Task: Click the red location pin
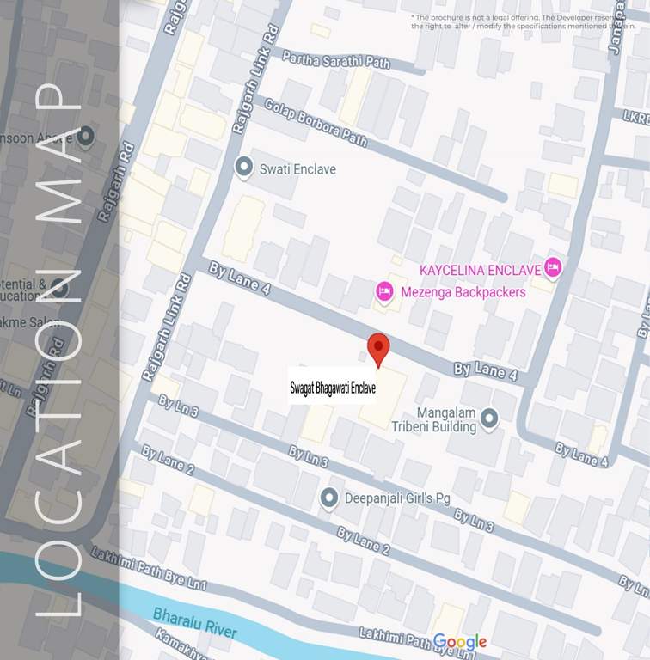[x=378, y=348]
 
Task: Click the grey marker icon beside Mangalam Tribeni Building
[x=489, y=419]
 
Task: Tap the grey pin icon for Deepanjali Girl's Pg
[x=328, y=498]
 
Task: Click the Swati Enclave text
[x=297, y=169]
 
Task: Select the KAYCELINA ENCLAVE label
[x=480, y=270]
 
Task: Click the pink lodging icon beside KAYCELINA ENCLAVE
[x=552, y=268]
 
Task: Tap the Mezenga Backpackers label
[x=463, y=292]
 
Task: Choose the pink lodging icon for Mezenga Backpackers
[x=384, y=293]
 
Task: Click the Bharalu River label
[x=194, y=622]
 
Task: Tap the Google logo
[x=459, y=642]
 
